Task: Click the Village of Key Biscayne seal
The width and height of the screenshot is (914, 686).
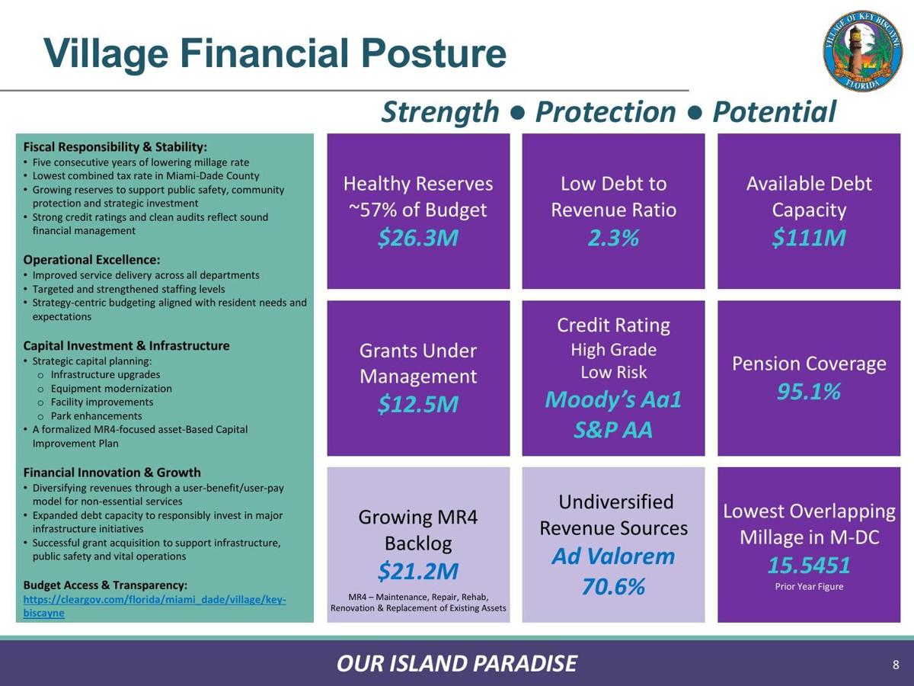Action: [863, 51]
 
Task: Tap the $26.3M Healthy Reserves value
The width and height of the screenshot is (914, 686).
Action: [418, 238]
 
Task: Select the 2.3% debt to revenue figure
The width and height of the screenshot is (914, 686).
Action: [613, 238]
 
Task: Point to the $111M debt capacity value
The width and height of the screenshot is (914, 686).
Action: [809, 238]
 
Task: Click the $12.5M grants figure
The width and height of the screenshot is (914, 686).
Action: [418, 404]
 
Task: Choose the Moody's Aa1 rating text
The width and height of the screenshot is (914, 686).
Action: [613, 399]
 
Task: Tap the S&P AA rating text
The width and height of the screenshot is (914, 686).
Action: [613, 430]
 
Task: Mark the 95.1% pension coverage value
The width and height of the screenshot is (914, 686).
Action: [809, 392]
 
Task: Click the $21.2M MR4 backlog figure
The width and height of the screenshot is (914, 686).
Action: [418, 571]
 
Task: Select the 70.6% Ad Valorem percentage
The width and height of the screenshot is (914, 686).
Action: [613, 586]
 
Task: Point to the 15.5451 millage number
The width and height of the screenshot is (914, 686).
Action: [809, 566]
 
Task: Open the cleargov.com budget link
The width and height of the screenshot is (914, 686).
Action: [155, 606]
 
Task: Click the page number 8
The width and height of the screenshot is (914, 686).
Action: [896, 665]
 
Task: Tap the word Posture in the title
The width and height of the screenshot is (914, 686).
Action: [433, 53]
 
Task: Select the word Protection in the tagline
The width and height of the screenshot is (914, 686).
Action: [606, 112]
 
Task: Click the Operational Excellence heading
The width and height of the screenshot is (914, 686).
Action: [91, 260]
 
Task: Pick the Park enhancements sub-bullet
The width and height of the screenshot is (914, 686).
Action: [96, 415]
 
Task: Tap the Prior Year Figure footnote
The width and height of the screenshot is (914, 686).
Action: [809, 586]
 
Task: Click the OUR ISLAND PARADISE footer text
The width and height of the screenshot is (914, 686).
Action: [457, 663]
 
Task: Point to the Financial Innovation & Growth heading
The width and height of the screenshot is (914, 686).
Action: [112, 473]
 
